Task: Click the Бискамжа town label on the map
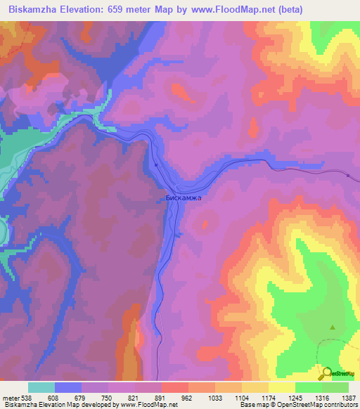point(183,197)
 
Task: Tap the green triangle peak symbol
point(333,327)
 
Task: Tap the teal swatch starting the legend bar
point(41,387)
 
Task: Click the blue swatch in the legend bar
point(67,387)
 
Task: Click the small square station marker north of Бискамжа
point(155,165)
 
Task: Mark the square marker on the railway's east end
point(348,174)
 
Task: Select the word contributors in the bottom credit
point(342,405)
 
